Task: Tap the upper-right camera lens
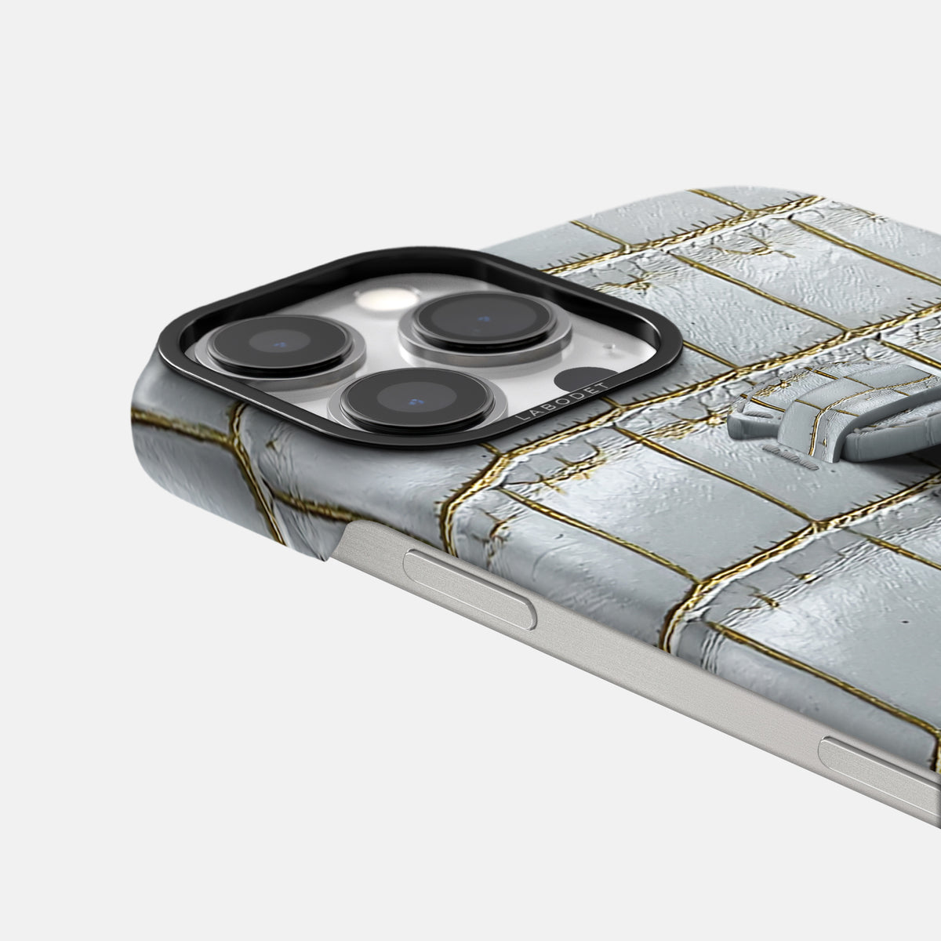(484, 321)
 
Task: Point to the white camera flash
(387, 299)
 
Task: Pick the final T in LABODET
(606, 385)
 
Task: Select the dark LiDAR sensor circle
(583, 380)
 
